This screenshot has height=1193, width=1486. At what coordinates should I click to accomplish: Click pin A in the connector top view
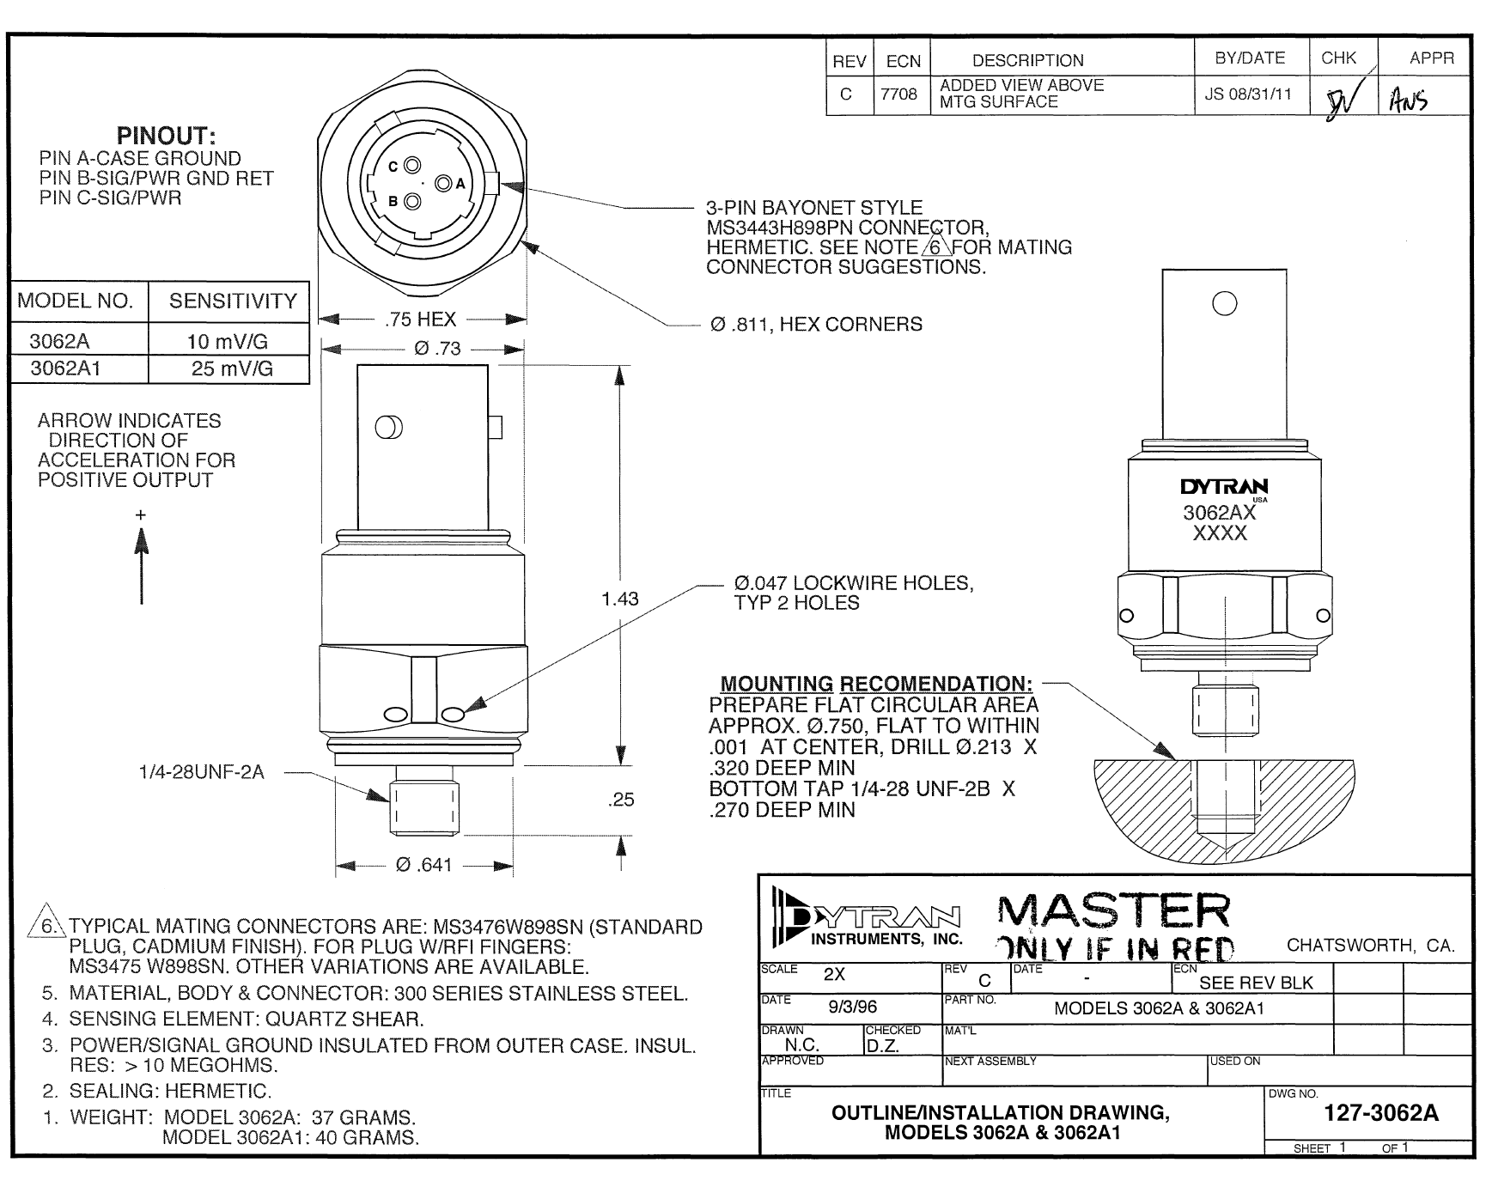click(444, 184)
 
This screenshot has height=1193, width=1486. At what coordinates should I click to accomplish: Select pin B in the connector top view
click(411, 202)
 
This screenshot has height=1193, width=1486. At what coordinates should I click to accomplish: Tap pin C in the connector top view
click(411, 166)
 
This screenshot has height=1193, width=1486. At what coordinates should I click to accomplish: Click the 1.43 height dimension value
click(620, 599)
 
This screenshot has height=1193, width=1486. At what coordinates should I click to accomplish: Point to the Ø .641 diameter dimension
click(423, 866)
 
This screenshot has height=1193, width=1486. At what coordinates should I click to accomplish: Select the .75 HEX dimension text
click(420, 320)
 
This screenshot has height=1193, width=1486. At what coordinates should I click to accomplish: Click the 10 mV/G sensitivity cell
click(228, 342)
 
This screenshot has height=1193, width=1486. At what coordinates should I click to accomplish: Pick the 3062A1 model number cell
click(66, 369)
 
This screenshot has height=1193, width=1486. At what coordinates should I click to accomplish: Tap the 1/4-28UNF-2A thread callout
click(202, 772)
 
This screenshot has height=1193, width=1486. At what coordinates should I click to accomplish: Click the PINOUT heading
click(167, 136)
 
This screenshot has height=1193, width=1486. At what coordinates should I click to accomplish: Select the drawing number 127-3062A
click(1380, 1113)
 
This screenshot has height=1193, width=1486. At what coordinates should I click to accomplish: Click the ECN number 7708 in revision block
click(898, 94)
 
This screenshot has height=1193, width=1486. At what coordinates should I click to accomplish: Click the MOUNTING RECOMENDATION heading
click(876, 684)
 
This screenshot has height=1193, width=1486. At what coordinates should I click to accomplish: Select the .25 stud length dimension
click(620, 800)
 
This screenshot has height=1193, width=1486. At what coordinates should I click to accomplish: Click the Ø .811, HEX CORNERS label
click(816, 325)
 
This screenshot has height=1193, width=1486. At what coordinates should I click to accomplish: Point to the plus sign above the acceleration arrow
click(141, 515)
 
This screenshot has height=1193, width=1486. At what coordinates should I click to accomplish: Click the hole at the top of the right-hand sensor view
click(1224, 303)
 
